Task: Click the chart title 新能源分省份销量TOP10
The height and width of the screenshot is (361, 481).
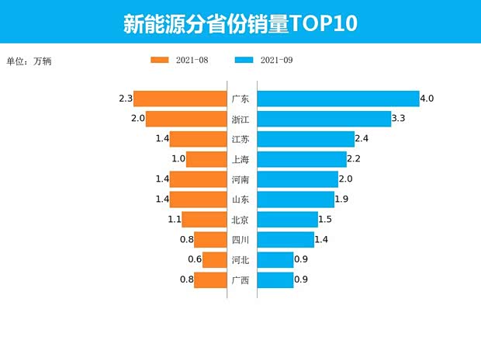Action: coord(240,23)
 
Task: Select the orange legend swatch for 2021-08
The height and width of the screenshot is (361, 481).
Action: coord(160,60)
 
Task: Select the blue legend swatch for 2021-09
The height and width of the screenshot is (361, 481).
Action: coord(244,60)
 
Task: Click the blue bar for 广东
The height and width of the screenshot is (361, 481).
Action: coord(337,99)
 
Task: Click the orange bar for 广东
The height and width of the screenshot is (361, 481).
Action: coord(180,99)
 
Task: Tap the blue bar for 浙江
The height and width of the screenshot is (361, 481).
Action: coord(324,119)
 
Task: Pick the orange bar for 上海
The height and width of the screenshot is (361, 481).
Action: coord(206,159)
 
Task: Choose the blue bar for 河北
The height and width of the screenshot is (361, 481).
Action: coord(275,260)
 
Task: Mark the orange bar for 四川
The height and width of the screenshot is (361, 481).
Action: coord(209,240)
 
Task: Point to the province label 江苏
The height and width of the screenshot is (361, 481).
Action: coord(240,139)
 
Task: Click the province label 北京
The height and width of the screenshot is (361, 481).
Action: coord(240,220)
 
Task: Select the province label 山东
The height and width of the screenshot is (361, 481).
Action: coord(240,200)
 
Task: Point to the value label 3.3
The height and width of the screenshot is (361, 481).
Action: coord(399,119)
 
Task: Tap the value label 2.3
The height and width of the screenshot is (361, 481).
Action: coord(126,99)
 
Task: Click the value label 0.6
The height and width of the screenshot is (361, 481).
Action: coord(194,260)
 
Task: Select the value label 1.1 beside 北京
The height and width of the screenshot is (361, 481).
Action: coord(174,220)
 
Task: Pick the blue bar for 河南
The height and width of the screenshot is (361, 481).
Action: coord(297,179)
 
